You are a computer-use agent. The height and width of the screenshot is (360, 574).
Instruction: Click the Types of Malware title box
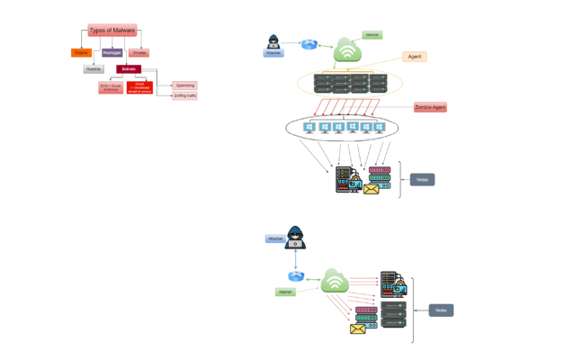pyautogui.click(x=112, y=31)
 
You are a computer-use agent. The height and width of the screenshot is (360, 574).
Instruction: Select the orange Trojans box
pyautogui.click(x=81, y=53)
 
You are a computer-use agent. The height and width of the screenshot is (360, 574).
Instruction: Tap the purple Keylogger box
pyautogui.click(x=112, y=53)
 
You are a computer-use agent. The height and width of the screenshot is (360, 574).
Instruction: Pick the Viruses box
pyautogui.click(x=139, y=53)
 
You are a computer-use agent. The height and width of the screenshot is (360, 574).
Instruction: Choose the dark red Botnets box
pyautogui.click(x=129, y=68)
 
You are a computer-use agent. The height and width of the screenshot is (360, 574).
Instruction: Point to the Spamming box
pyautogui.click(x=184, y=85)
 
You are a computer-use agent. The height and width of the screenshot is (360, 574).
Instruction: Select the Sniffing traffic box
pyautogui.click(x=184, y=95)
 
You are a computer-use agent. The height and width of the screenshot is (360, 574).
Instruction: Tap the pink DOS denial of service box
pyautogui.click(x=110, y=87)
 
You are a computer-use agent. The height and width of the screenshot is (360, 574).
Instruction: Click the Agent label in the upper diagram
pyautogui.click(x=415, y=56)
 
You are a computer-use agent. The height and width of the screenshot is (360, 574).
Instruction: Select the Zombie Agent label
pyautogui.click(x=430, y=107)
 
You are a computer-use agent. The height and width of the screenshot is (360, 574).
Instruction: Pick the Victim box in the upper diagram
pyautogui.click(x=422, y=179)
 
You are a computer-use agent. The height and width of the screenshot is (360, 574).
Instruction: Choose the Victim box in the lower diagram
pyautogui.click(x=441, y=310)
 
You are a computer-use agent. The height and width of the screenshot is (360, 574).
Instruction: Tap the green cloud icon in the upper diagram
pyautogui.click(x=347, y=50)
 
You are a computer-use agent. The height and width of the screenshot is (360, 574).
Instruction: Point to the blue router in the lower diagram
pyautogui.click(x=295, y=276)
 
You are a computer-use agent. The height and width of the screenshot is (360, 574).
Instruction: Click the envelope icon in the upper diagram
pyautogui.click(x=371, y=190)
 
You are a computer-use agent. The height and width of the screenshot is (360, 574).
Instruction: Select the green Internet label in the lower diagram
pyautogui.click(x=285, y=292)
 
